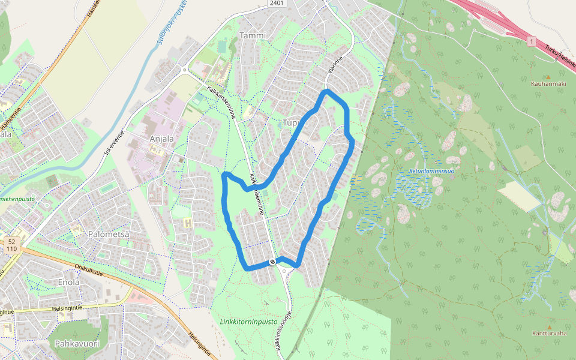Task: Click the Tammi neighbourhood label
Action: point(252,35)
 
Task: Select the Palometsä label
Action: point(109,234)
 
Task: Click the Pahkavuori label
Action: point(76,344)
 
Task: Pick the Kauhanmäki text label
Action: point(548,83)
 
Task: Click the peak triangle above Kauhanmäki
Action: point(548,76)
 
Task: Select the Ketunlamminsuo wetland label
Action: point(431,170)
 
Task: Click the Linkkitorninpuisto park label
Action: point(248,321)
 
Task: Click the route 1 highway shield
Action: point(531,41)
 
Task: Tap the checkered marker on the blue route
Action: point(273,261)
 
